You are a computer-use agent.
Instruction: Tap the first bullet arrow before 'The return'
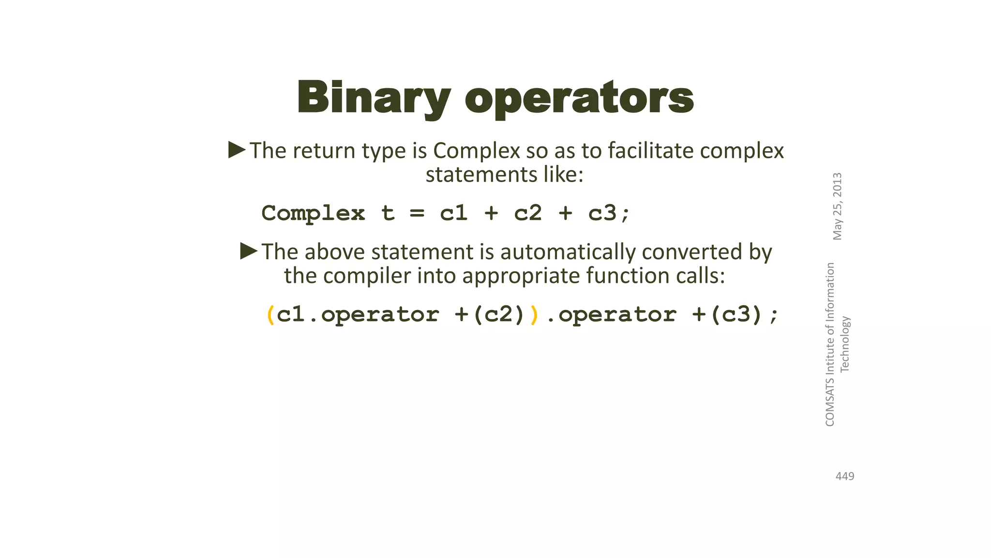point(237,150)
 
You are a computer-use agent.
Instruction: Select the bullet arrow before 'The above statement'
point(249,251)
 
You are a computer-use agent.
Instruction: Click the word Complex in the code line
point(313,213)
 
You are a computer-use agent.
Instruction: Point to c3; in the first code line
point(609,213)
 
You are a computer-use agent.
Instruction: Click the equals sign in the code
point(417,213)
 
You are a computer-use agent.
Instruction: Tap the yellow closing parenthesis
point(534,315)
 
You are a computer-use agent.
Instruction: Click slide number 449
point(845,477)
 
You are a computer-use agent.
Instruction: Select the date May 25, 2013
point(838,206)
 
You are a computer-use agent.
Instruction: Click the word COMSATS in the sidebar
point(830,402)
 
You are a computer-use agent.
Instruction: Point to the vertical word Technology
point(845,344)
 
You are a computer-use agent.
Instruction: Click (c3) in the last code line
point(736,315)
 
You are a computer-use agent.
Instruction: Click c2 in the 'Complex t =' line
point(528,213)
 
